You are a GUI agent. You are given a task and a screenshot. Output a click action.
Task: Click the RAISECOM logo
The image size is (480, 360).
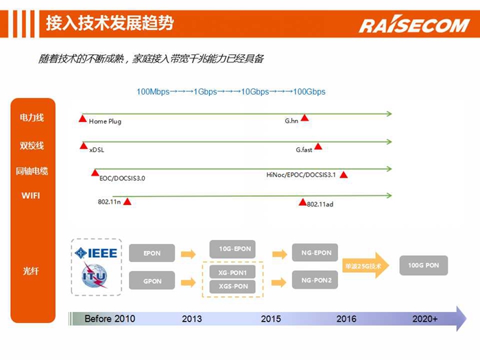[414, 24]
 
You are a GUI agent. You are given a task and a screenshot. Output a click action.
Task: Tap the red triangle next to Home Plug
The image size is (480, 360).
[83, 119]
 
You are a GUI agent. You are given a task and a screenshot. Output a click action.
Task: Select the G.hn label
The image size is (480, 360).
[291, 121]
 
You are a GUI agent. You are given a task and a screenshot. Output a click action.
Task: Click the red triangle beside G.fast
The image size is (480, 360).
[318, 146]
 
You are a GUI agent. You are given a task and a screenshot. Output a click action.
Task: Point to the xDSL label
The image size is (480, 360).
[97, 149]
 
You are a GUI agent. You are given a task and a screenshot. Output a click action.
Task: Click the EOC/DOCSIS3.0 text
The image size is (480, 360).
[122, 178]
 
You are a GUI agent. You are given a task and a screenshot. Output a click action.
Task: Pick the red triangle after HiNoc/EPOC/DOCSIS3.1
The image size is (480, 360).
[344, 175]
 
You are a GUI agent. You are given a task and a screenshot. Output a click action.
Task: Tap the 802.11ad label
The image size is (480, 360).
[320, 204]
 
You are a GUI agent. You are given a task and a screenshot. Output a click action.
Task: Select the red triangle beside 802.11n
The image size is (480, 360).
[127, 202]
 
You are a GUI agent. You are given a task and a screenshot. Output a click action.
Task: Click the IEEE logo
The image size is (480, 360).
[96, 253]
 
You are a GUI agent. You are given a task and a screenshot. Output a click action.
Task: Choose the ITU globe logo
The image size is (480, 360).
[95, 276]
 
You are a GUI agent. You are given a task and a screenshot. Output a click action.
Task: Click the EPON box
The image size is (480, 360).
[152, 253]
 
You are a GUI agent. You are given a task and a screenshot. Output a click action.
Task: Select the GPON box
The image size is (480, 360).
[152, 280]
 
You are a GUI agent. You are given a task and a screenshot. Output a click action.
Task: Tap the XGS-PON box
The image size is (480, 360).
[232, 287]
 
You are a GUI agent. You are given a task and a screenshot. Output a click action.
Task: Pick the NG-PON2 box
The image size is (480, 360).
[315, 280]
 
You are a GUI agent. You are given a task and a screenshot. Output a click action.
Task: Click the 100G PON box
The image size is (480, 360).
[423, 265]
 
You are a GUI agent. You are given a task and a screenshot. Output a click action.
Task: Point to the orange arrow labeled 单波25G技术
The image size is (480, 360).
[365, 265]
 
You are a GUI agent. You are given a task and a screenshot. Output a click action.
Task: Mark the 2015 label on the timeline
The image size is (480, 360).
[271, 319]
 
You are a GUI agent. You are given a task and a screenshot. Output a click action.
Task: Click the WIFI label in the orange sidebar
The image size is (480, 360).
[31, 195]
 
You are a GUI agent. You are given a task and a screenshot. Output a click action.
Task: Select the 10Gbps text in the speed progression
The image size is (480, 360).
[255, 91]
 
